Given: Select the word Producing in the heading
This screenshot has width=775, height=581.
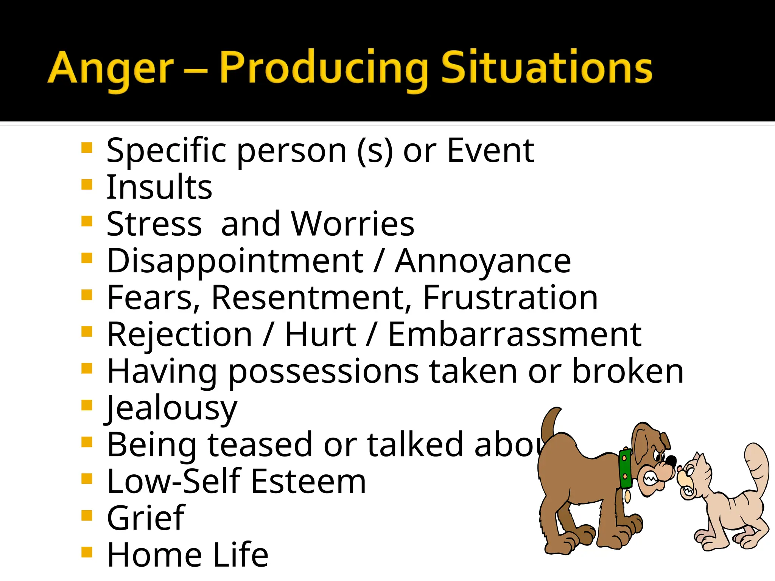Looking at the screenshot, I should pyautogui.click(x=324, y=68).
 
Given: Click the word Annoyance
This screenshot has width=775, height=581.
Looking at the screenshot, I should pyautogui.click(x=483, y=261).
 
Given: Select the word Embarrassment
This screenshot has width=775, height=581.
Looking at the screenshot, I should pyautogui.click(x=515, y=334).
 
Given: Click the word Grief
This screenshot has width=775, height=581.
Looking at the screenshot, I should pyautogui.click(x=146, y=518).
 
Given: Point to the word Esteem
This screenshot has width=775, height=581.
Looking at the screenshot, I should pyautogui.click(x=308, y=481).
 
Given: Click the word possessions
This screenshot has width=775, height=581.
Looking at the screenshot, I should pyautogui.click(x=324, y=372).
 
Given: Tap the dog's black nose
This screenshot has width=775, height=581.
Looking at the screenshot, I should pyautogui.click(x=671, y=461).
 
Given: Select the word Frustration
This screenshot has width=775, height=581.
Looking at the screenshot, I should pyautogui.click(x=510, y=298).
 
